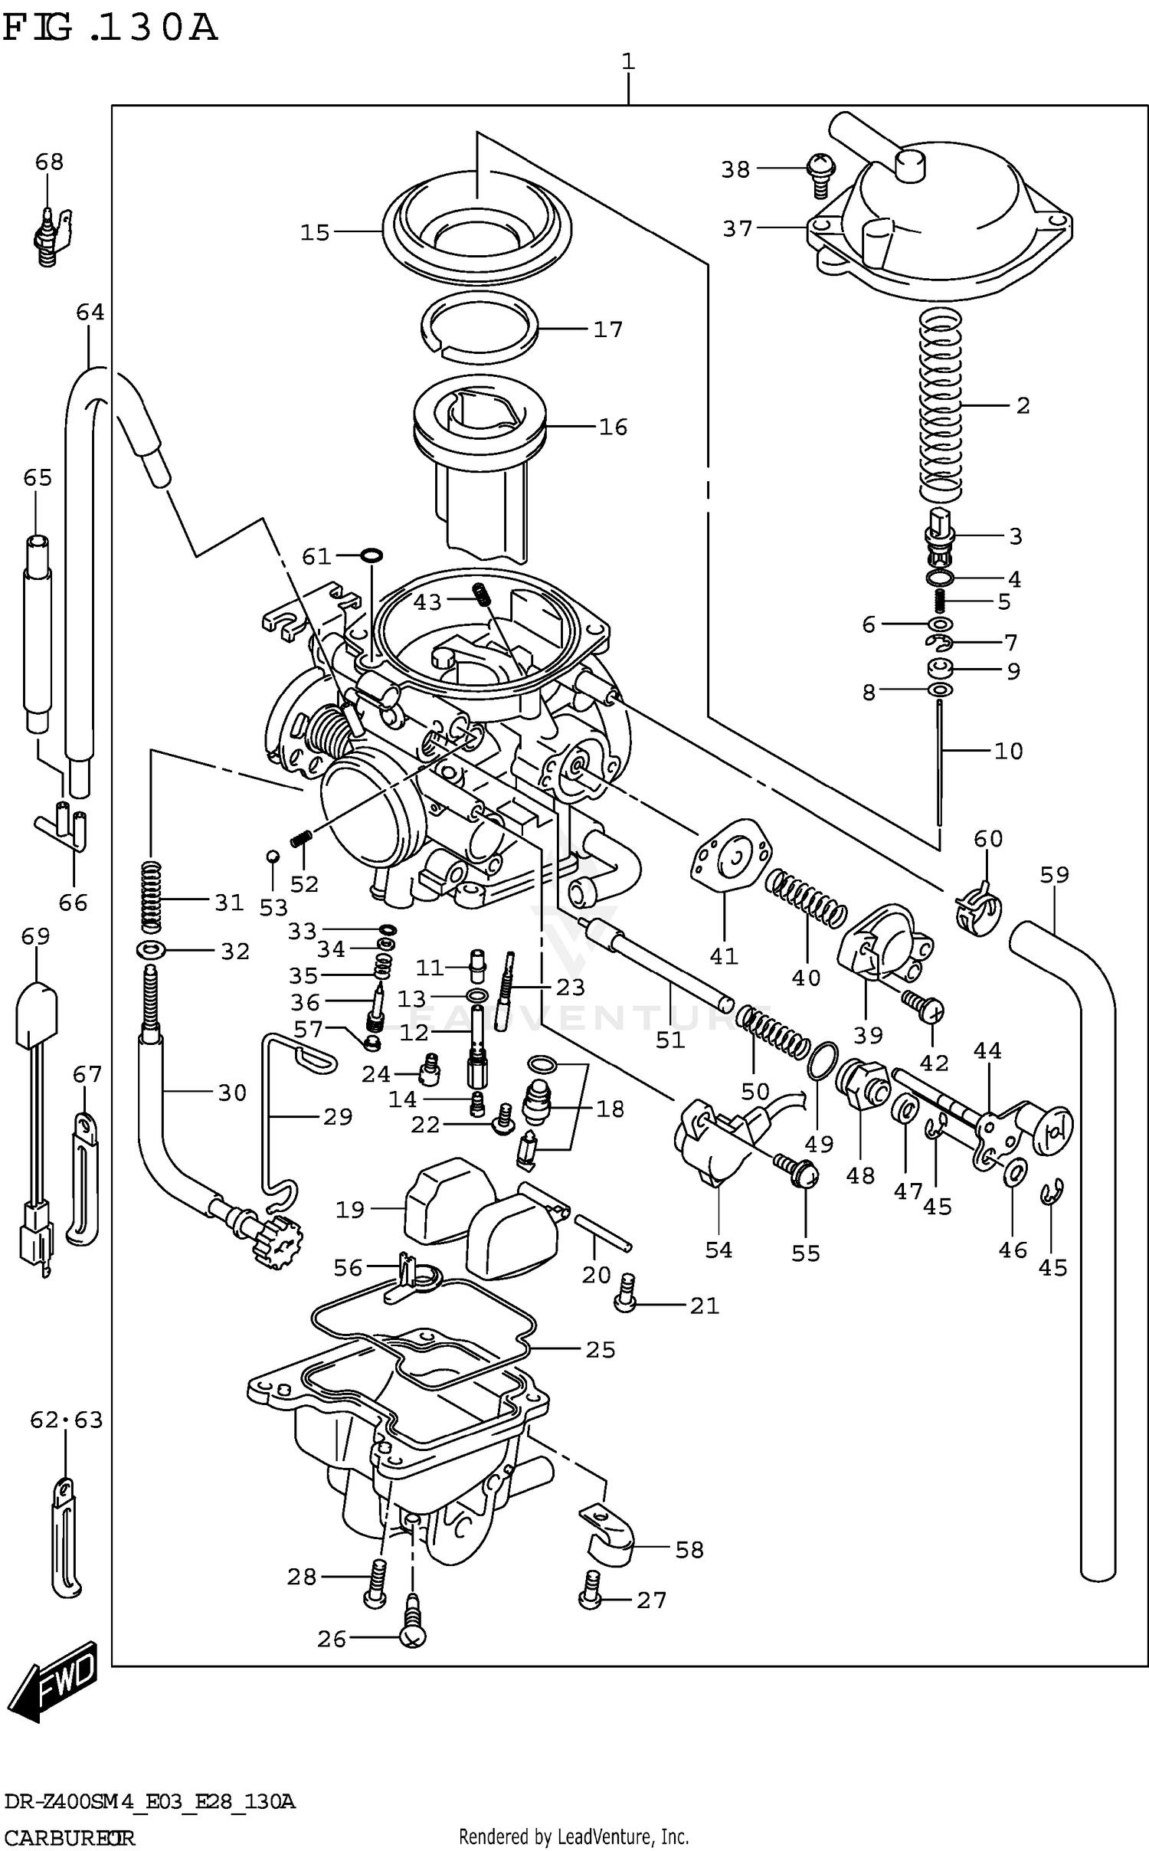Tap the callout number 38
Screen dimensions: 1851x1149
[735, 169]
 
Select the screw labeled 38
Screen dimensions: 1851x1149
[820, 173]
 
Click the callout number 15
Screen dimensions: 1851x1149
[315, 232]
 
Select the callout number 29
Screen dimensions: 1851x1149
[338, 1116]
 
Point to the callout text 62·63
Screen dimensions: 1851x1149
[66, 1420]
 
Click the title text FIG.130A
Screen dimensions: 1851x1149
[110, 29]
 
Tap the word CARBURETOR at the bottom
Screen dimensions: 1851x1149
[70, 1836]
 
